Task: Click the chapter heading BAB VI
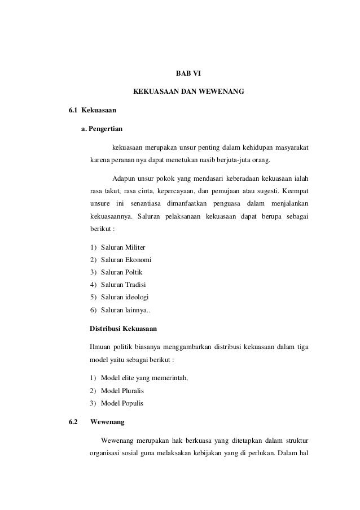click(x=188, y=73)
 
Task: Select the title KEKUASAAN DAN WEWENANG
click(x=188, y=90)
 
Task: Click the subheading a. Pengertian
click(x=102, y=129)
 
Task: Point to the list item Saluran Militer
click(x=122, y=248)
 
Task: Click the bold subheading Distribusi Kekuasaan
click(x=124, y=328)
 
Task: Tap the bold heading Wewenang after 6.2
click(x=108, y=422)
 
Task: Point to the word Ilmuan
click(x=100, y=346)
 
